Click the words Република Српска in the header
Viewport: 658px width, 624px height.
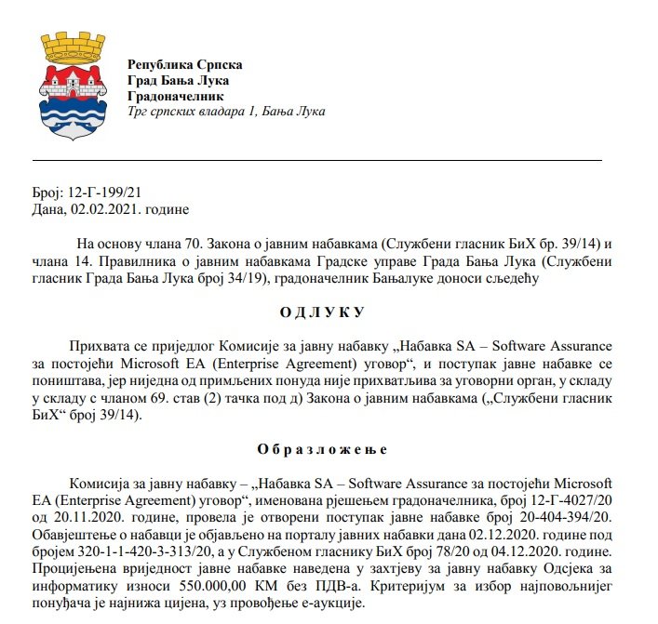point(184,65)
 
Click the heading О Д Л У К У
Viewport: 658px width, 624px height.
point(322,312)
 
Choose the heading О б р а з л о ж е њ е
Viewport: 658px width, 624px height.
point(322,450)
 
